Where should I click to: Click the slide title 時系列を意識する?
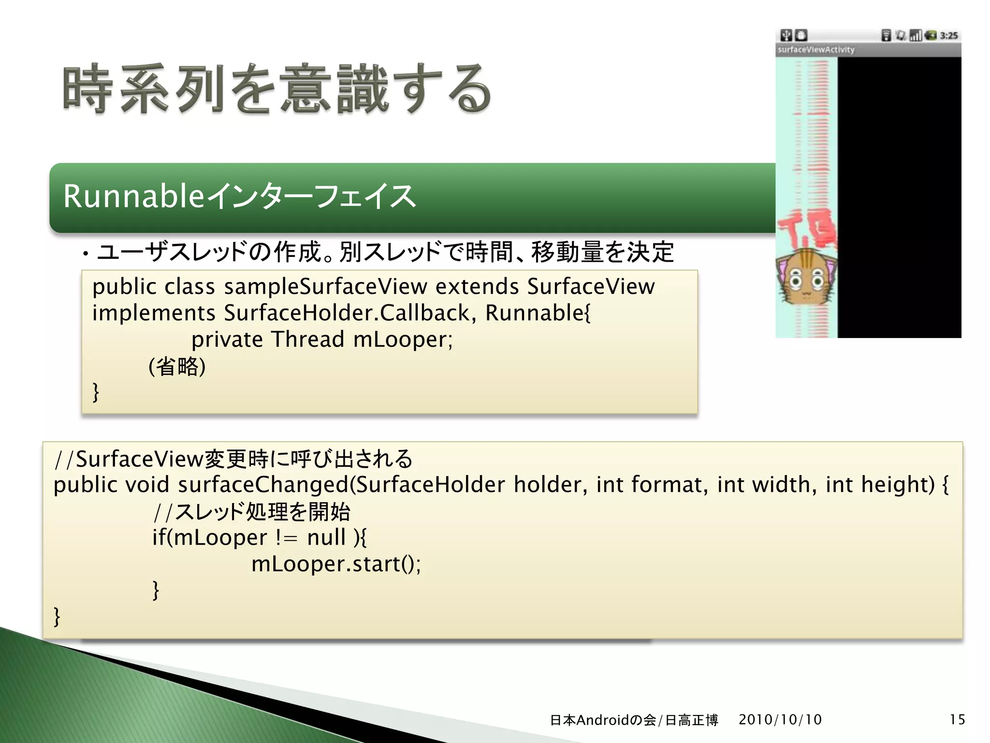[x=277, y=89]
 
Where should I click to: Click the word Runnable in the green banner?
[x=133, y=197]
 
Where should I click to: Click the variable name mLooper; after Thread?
[x=403, y=340]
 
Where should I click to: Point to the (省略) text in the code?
[x=177, y=366]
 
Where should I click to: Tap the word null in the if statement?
[x=326, y=537]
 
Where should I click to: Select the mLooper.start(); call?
[x=336, y=564]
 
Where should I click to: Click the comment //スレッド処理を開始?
[x=251, y=512]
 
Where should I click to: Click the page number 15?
[x=957, y=720]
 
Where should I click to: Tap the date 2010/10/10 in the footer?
[x=780, y=720]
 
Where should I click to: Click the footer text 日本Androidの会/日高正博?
[x=634, y=720]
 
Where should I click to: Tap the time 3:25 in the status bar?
[x=948, y=35]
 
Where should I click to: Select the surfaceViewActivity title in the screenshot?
[x=816, y=50]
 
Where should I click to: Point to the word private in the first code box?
[x=227, y=340]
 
